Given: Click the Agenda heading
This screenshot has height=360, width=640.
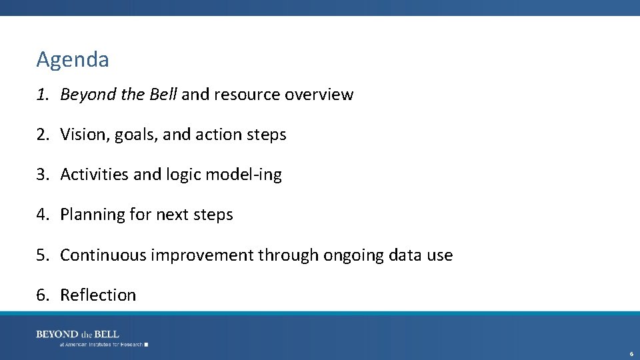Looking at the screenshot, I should (x=73, y=60).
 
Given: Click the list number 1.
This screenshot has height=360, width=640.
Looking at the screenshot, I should (x=42, y=95).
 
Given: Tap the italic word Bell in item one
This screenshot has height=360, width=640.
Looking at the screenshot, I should (x=163, y=95).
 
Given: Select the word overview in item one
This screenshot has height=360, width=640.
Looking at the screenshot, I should (x=319, y=95).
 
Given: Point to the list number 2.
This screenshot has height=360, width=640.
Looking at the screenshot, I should (x=42, y=135).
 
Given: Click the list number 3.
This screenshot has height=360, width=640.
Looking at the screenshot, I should (x=42, y=175).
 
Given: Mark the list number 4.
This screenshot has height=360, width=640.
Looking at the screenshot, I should (x=42, y=215).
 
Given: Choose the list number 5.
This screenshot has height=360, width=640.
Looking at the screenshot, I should (x=42, y=255).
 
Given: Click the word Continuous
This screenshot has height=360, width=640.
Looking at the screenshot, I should (x=103, y=255).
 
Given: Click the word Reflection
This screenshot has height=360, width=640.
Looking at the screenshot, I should (x=98, y=295).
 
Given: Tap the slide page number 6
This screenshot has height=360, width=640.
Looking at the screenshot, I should (x=631, y=353).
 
